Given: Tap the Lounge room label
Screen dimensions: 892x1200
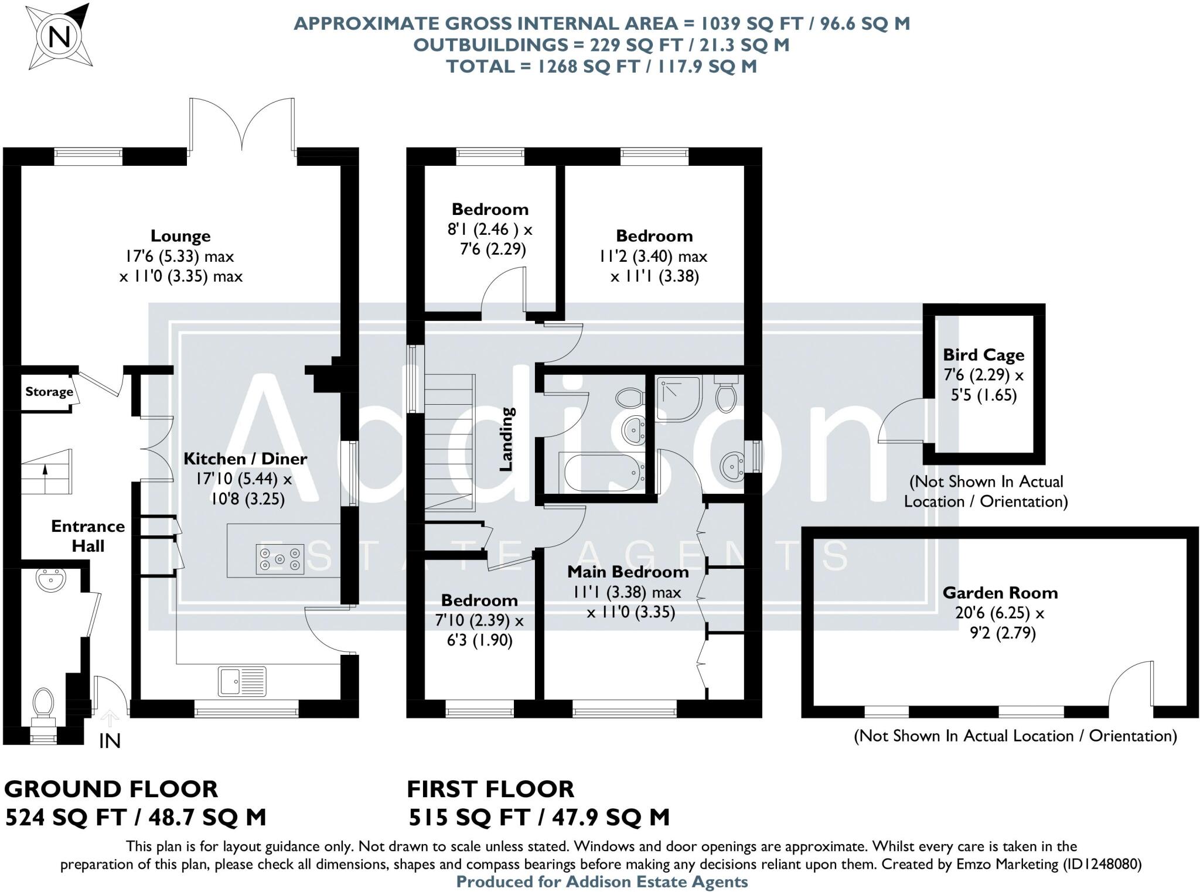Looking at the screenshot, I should [180, 236].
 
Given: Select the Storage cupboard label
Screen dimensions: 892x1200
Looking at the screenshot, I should [49, 391].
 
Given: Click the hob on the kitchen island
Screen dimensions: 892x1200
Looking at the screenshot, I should [280, 559].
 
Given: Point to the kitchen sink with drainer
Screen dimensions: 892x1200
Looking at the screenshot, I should [242, 681].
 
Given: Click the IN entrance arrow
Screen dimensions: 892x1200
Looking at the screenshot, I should [110, 719].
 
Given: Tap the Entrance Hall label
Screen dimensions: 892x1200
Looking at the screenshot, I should [88, 535].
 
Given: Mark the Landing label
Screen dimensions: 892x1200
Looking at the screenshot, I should [507, 439].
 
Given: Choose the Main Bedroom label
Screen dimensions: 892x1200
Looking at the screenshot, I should [628, 571].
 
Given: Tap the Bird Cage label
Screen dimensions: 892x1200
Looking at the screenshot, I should [983, 355].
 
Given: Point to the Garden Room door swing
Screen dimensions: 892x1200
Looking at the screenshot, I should [1131, 684].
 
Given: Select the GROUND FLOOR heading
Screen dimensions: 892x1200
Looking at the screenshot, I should [111, 789].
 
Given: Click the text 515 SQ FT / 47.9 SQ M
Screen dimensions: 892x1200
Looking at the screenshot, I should [538, 817].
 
